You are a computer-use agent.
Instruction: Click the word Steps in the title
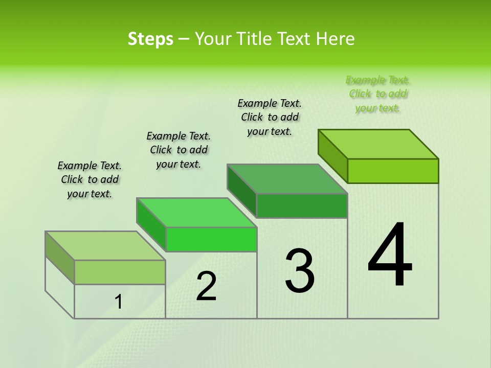(150, 39)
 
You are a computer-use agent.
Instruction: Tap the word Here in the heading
(335, 39)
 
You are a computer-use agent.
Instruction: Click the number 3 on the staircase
(300, 271)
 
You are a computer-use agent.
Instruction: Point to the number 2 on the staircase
(207, 286)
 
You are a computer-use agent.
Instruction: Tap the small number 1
(119, 302)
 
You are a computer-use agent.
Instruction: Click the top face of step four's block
(378, 144)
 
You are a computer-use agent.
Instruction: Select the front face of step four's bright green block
(393, 171)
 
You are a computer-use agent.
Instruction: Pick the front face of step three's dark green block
(302, 205)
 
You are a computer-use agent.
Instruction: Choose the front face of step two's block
(211, 240)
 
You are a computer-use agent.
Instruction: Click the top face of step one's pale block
(105, 246)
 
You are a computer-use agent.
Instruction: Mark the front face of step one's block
(120, 272)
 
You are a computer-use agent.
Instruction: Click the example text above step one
(90, 179)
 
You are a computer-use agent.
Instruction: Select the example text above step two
(178, 150)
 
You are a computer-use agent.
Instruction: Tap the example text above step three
(270, 117)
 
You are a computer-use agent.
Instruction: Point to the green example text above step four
(378, 94)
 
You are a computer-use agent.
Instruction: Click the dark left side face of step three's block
(241, 191)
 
